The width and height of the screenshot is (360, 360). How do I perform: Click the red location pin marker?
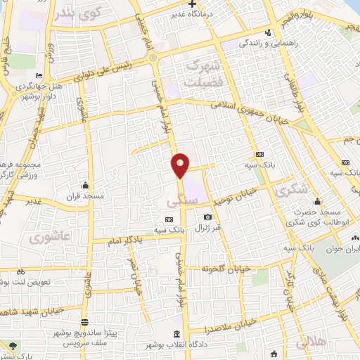pyautogui.click(x=180, y=165)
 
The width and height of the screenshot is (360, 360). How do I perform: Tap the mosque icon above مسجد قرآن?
pyautogui.click(x=85, y=186)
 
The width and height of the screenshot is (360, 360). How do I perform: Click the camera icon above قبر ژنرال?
pyautogui.click(x=207, y=217)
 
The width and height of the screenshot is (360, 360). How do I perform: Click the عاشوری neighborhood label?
pyautogui.click(x=47, y=237)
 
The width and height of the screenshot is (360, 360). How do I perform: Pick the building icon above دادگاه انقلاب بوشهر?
pyautogui.click(x=175, y=333)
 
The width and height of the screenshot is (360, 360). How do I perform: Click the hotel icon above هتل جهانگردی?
pyautogui.click(x=38, y=76)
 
